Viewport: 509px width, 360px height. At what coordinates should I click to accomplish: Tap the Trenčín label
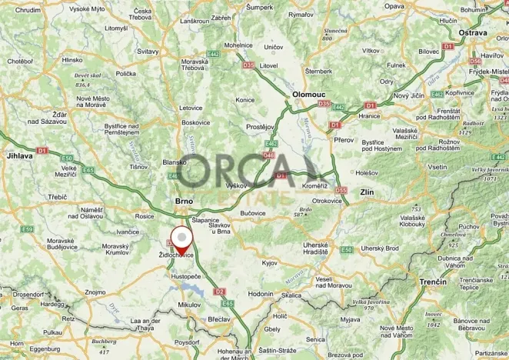pos(434,282)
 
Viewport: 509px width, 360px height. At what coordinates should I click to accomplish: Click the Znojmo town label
pos(95,292)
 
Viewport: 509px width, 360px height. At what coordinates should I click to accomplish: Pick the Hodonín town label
pos(261,293)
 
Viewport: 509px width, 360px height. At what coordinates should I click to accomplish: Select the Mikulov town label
pos(188,305)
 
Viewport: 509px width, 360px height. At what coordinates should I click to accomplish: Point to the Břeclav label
pos(219,318)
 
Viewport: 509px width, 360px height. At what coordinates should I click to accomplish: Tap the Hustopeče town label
pos(186,275)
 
